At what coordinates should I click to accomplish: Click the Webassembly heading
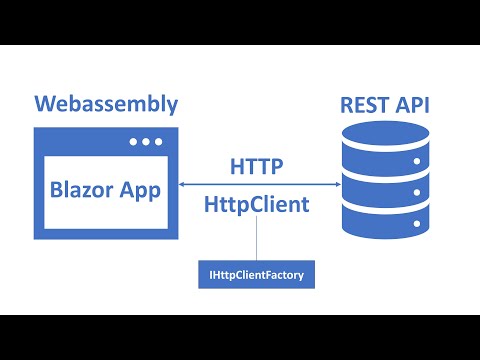click(106, 104)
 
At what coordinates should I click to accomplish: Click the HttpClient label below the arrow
click(257, 204)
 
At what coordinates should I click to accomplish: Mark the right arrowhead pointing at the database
click(335, 183)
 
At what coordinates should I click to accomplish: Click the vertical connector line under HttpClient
click(257, 240)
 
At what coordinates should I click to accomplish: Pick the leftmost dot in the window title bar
click(133, 141)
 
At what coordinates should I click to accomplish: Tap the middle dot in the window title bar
click(147, 141)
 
